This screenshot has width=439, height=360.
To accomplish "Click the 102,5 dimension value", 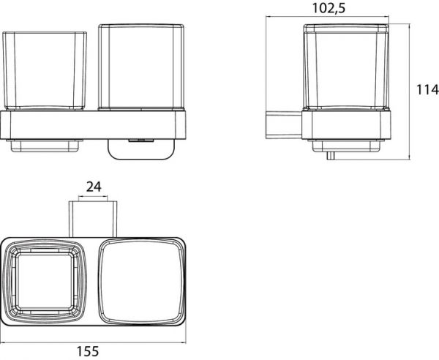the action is coord(329,8).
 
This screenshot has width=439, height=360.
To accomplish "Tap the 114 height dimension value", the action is coord(427,90).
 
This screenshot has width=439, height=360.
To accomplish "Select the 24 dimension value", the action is coord(94,187).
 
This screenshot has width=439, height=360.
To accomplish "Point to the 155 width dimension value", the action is coord(88,351).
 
